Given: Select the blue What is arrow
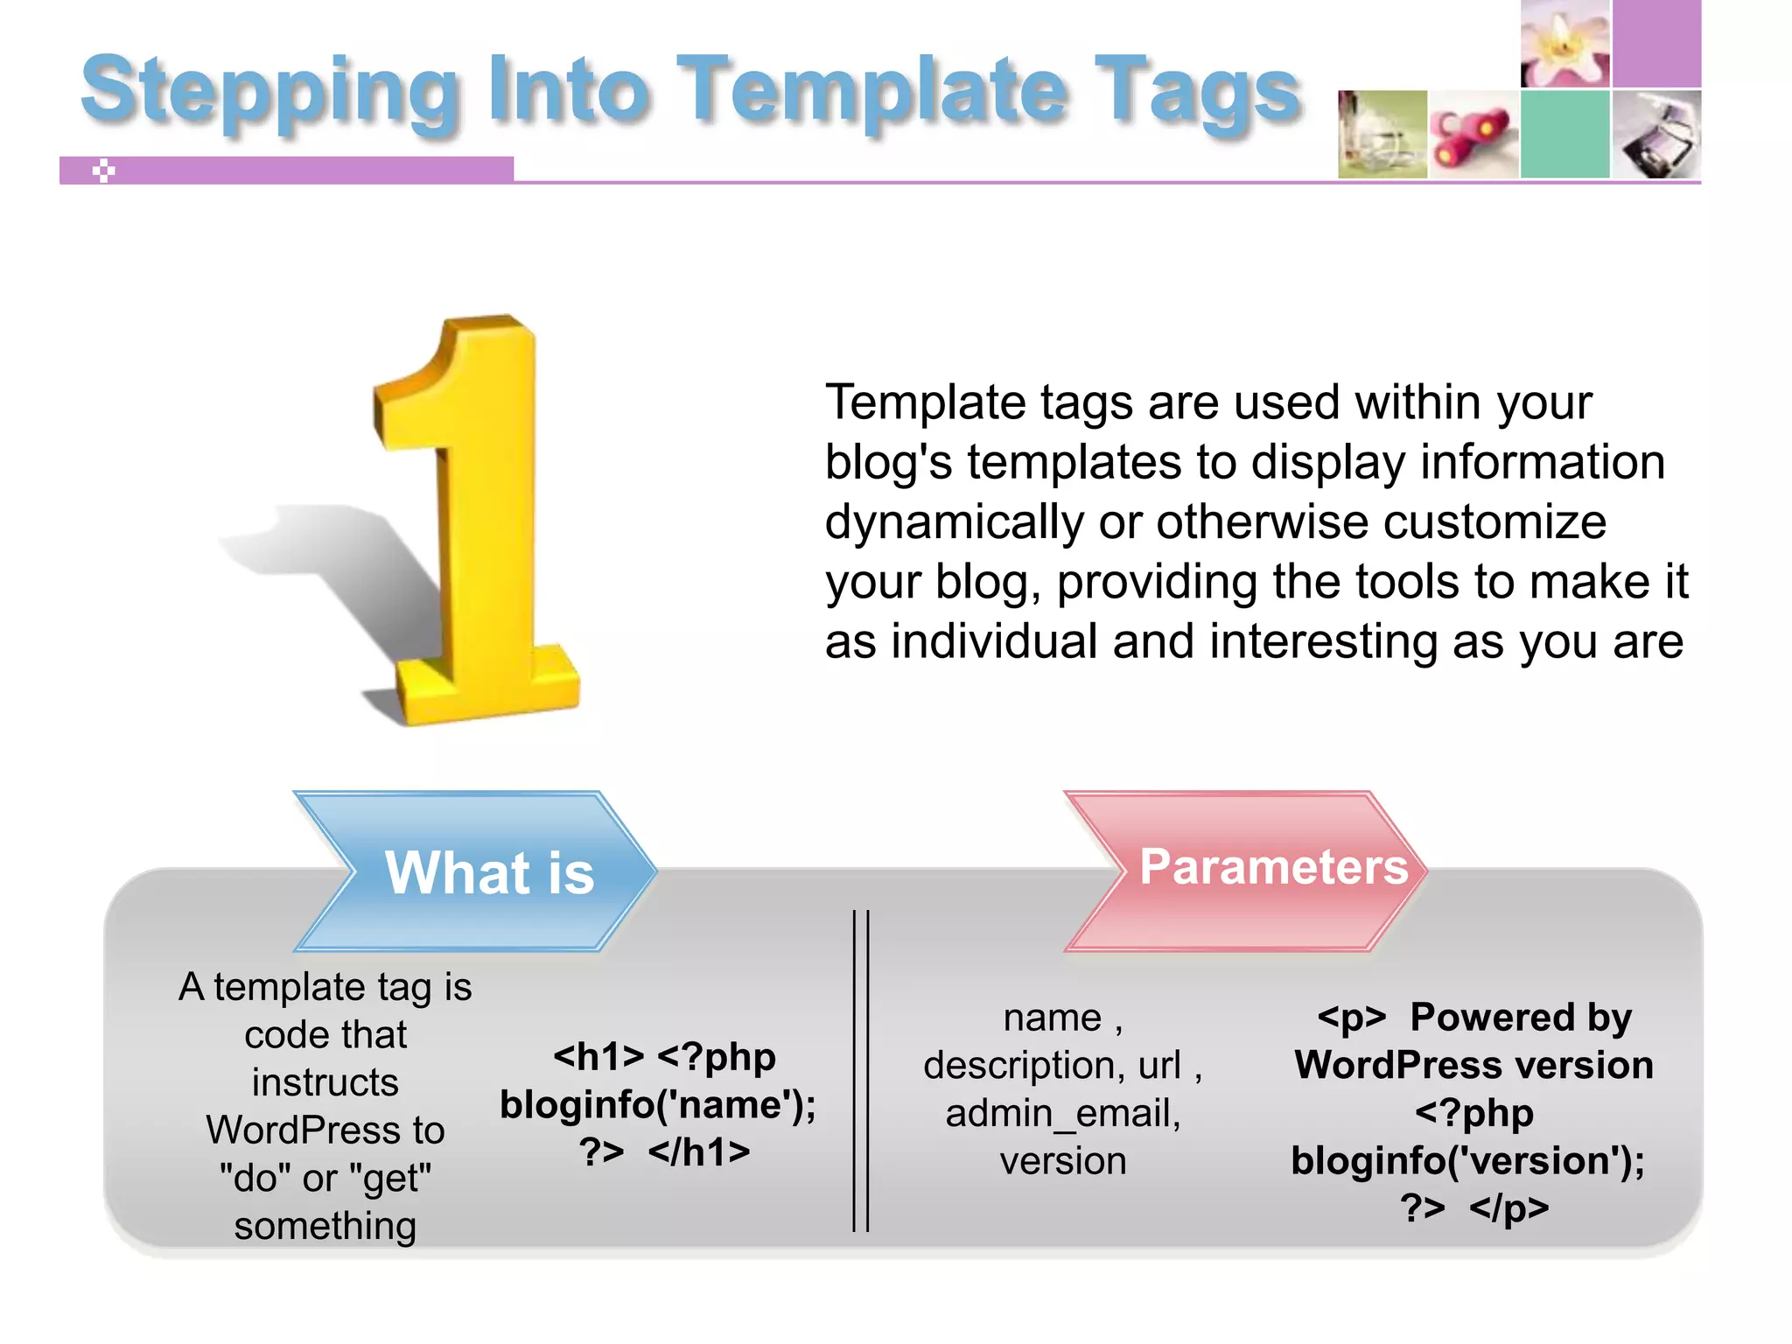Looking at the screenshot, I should pos(477,871).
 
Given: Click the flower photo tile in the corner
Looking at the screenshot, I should pos(1565,43).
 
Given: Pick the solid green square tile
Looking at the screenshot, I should pos(1565,135).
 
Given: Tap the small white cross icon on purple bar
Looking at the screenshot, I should pos(104,171).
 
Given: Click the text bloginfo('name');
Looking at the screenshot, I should pos(658,1105).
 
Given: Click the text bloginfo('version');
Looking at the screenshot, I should pos(1467,1161).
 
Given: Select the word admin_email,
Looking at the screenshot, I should pos(1063,1114).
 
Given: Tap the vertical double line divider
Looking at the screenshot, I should pos(861,1072).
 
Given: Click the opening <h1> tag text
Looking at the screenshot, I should pos(598,1057).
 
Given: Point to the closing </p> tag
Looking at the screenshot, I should pos(1508,1208).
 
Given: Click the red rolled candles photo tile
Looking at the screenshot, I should pos(1473,135).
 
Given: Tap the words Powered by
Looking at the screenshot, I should pos(1521,1018).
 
